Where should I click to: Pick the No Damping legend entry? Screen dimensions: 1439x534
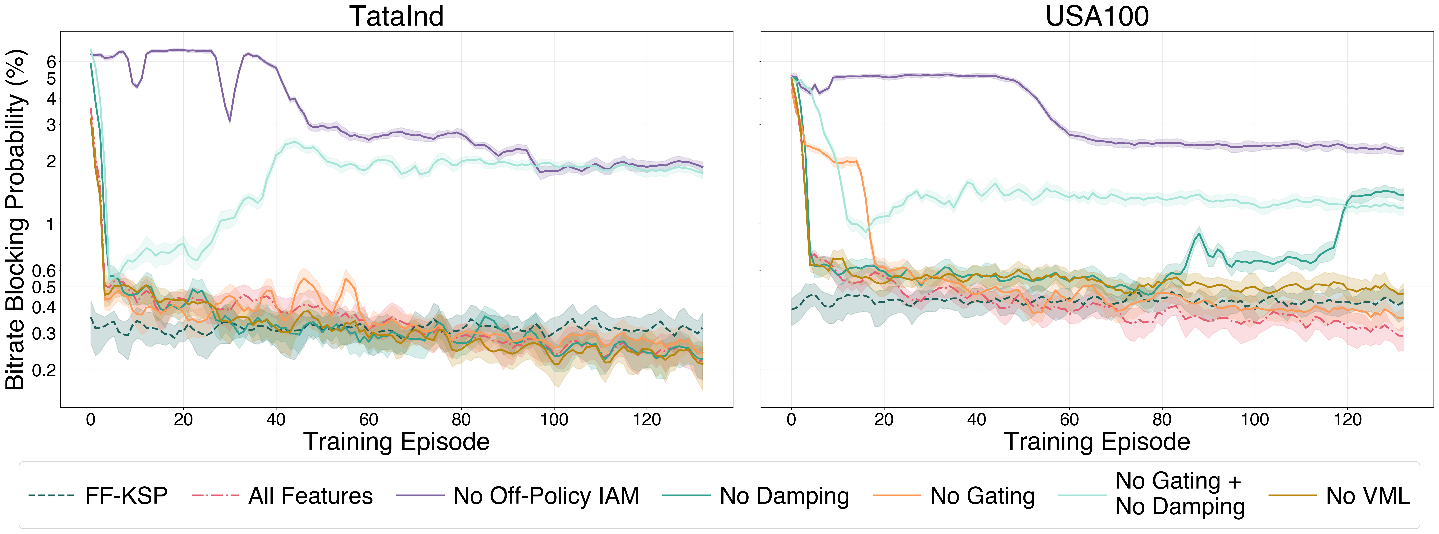pos(756,496)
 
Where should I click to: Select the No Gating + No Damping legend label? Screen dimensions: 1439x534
pos(1180,494)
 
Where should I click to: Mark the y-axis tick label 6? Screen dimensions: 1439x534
pos(51,62)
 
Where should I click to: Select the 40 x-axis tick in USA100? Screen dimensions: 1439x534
pos(976,419)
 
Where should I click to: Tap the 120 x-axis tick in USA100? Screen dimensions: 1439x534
pos(1347,419)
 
